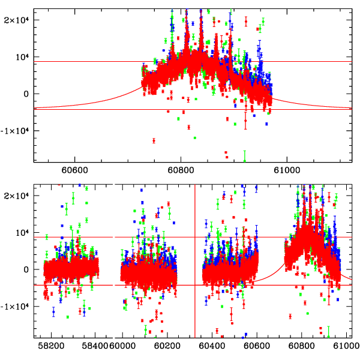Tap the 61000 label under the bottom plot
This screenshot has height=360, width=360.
click(344, 346)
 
